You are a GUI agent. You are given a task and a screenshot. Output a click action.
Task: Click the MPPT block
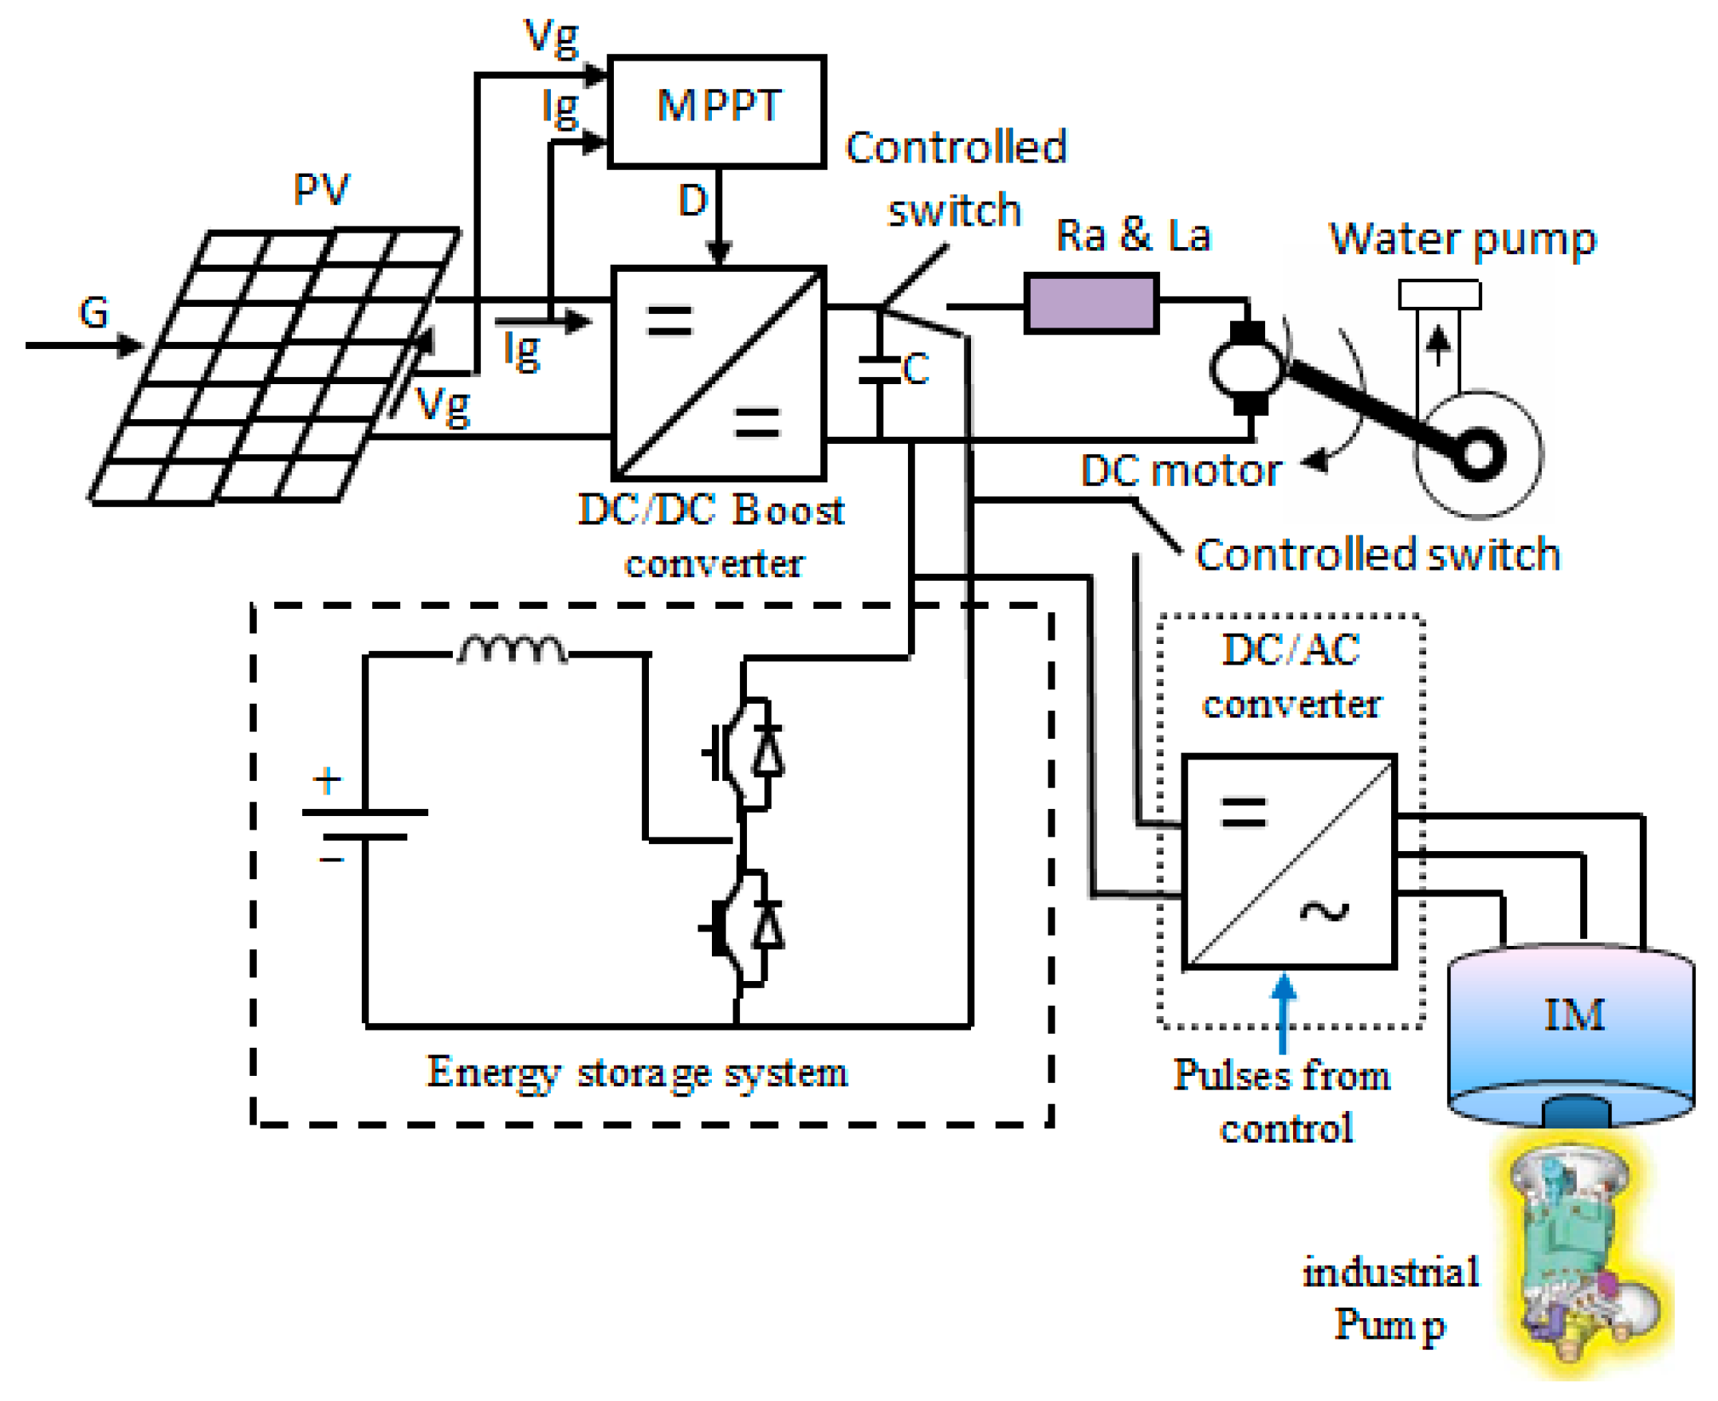click(717, 111)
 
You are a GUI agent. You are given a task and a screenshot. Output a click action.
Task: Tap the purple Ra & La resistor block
click(1091, 303)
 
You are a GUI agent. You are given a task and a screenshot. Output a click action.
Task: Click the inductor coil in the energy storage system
click(512, 650)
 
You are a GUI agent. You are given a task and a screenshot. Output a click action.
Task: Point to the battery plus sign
click(327, 781)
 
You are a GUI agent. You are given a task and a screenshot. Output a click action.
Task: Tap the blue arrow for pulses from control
click(1284, 1013)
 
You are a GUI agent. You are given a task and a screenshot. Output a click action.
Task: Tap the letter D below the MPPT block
click(693, 200)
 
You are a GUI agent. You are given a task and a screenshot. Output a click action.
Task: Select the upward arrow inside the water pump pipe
click(1438, 343)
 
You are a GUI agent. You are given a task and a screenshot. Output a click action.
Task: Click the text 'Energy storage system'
click(638, 1073)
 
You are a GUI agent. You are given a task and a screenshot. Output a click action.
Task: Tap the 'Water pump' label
click(1463, 240)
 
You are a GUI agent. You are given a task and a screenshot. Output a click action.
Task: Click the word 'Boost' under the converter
click(788, 511)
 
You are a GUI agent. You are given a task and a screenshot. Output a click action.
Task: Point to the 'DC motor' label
click(1181, 470)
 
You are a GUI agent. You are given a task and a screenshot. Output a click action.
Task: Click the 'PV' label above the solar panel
click(320, 190)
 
